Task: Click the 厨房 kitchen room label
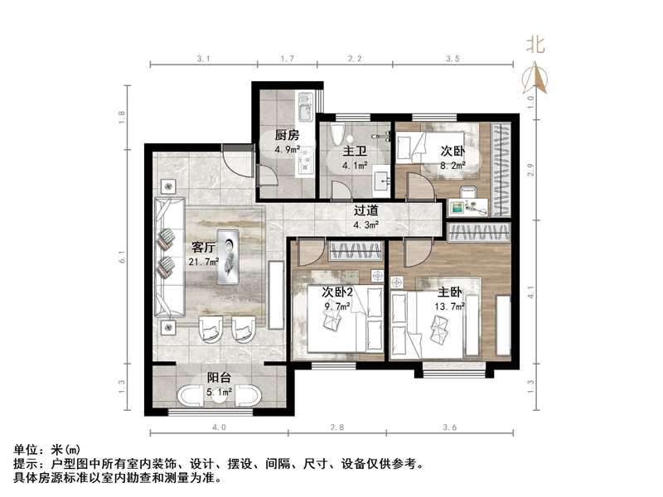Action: (x=288, y=135)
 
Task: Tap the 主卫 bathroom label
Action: (x=356, y=152)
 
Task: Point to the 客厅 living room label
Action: (x=204, y=246)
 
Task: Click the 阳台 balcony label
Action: (x=219, y=377)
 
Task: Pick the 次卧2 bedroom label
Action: (x=337, y=292)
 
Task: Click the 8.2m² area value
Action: (x=452, y=165)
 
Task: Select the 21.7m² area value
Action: (x=204, y=262)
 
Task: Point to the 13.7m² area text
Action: (x=450, y=306)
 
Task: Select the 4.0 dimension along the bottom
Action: (x=218, y=427)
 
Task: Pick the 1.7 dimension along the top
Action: (x=286, y=60)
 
